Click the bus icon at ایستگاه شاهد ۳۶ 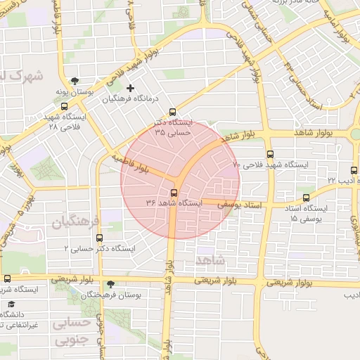[173, 193]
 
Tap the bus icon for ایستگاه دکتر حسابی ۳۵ [173, 112]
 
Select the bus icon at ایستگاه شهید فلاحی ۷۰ [270, 154]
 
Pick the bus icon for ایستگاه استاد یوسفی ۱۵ [305, 199]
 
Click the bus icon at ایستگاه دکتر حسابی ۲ [98, 238]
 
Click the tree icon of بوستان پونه [75, 81]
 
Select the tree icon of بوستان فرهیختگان [111, 284]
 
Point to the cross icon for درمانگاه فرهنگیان [130, 89]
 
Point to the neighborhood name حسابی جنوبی [73, 332]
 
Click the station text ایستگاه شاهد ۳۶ [174, 202]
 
